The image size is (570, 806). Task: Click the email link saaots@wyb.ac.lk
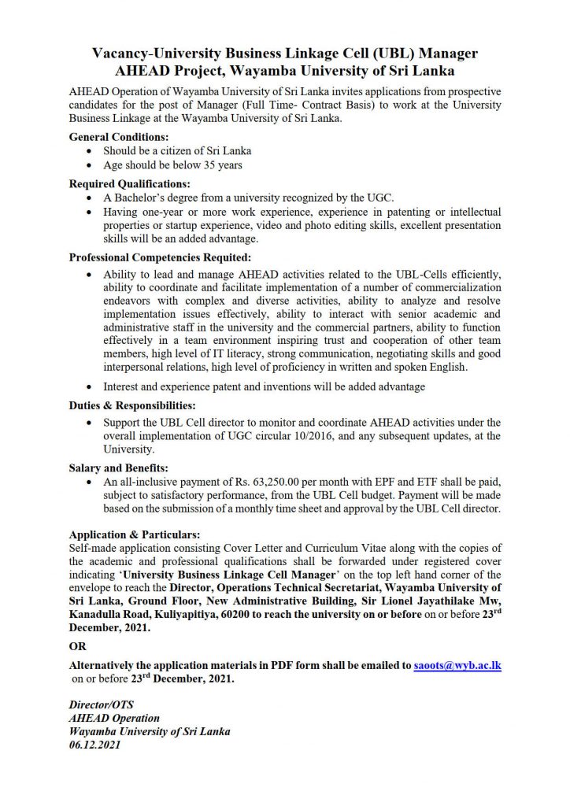(x=457, y=665)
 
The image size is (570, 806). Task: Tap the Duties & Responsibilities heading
(x=132, y=405)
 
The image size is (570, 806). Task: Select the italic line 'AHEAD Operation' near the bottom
(x=114, y=718)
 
